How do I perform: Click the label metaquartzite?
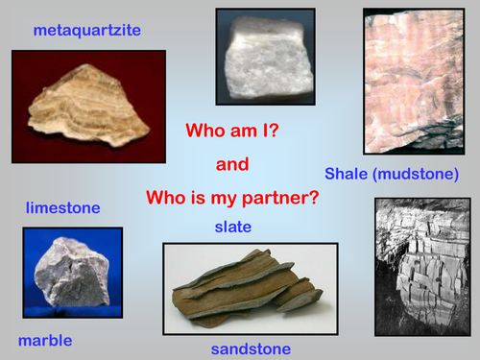86,30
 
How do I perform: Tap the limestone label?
62,207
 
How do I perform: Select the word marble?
45,340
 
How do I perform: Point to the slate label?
233,227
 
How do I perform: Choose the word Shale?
347,174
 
